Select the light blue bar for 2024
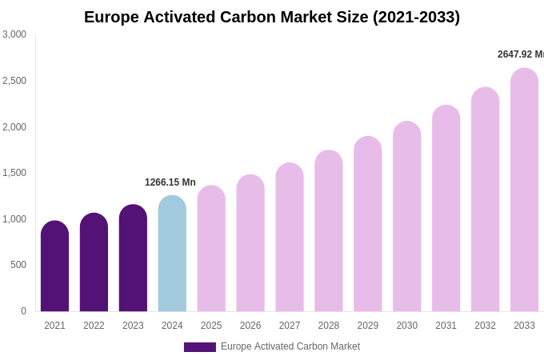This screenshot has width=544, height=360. pos(172,254)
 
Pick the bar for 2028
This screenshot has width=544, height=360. pos(329,231)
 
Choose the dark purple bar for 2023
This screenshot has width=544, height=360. pos(133,258)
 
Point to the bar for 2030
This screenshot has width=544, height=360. pos(406,217)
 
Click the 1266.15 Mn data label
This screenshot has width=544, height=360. pos(170,182)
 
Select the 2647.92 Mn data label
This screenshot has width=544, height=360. pos(521,54)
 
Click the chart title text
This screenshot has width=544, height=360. pos(272,17)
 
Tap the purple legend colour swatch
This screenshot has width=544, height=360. pos(200,347)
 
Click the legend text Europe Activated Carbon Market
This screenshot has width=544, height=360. pos(290,346)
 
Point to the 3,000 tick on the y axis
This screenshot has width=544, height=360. pos(14,34)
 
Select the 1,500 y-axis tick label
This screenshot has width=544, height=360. pos(14,173)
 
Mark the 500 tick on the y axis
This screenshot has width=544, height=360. pos(18,265)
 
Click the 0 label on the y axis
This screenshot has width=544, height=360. pos(23,311)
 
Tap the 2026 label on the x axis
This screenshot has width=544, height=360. pos(250,326)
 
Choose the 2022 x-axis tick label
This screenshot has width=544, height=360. pos(94,326)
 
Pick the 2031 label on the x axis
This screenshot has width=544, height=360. pos(446,326)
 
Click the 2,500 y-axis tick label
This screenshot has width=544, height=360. pos(14,81)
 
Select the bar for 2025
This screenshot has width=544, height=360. pos(211,249)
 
